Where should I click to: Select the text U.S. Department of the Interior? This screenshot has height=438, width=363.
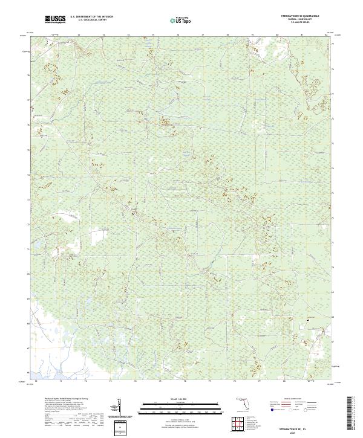click(91, 18)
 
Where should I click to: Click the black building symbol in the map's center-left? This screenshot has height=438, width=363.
click(134, 212)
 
